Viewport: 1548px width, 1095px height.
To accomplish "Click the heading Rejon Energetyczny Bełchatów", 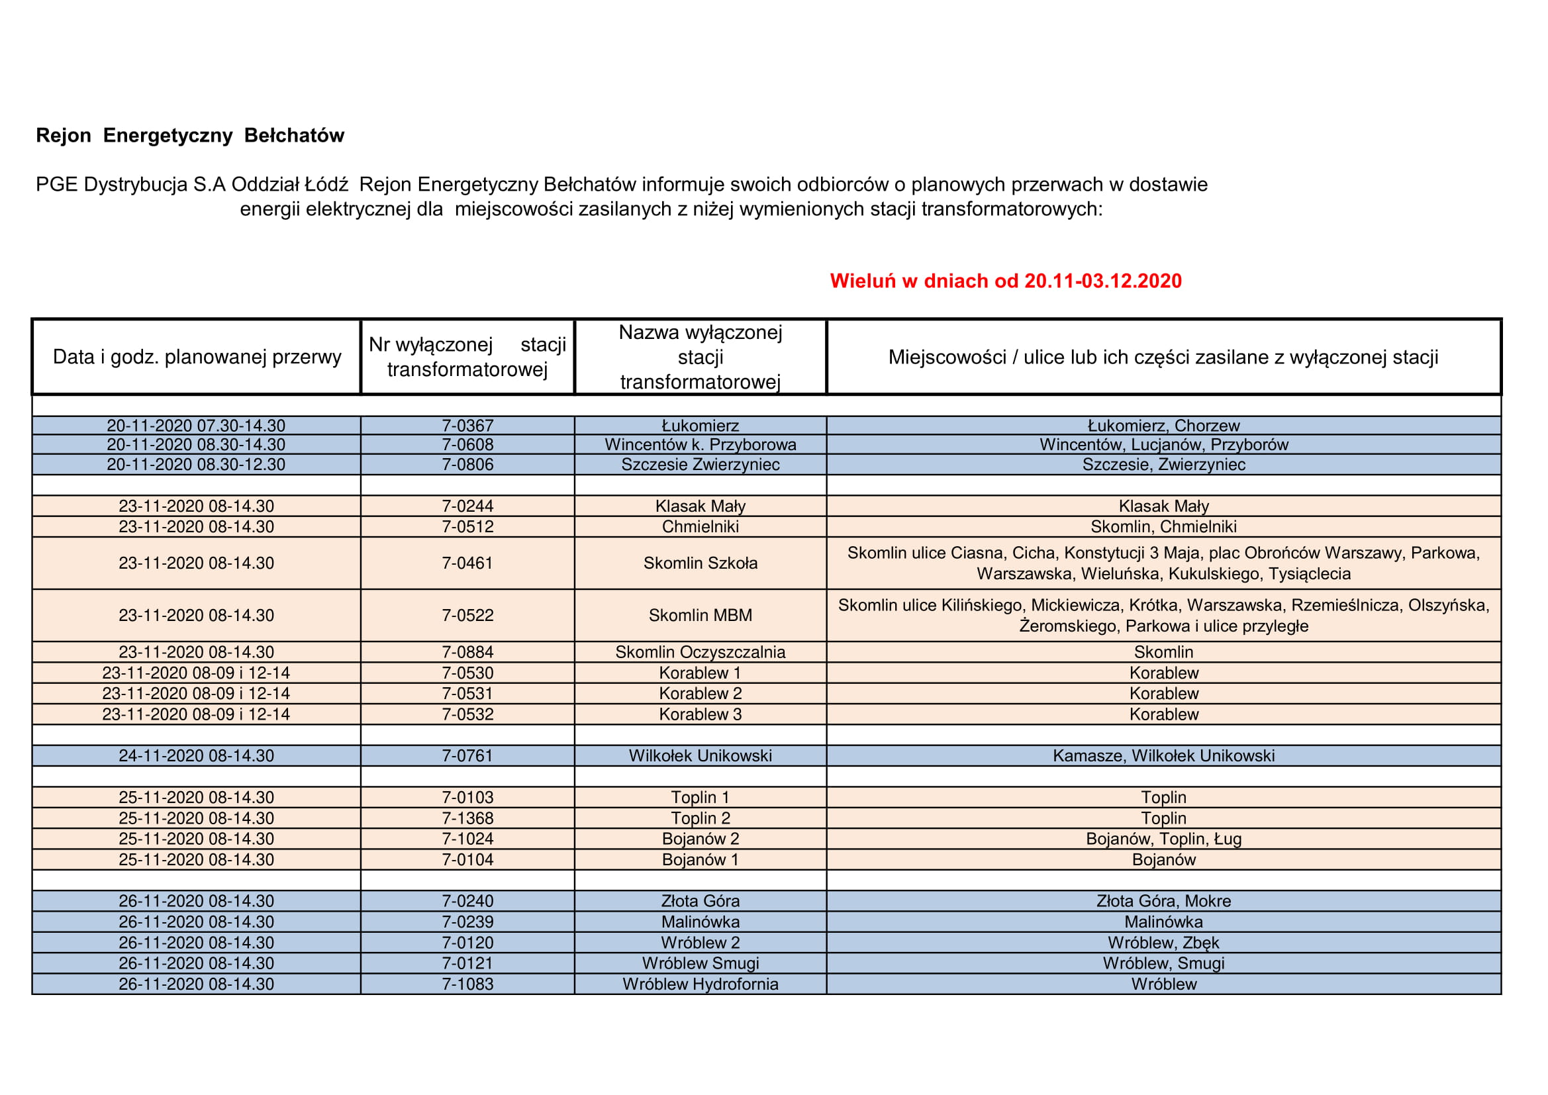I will click(189, 136).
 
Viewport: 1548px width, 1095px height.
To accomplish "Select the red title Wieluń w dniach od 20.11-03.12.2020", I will click(1005, 281).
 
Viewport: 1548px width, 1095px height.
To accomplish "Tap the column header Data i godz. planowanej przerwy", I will click(197, 357).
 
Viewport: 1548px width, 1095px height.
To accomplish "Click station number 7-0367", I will click(467, 426).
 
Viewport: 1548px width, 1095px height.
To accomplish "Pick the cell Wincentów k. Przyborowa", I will click(700, 444).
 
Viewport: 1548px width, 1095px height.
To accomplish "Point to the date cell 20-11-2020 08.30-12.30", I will click(196, 465).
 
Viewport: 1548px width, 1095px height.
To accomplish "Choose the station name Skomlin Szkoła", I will click(700, 563).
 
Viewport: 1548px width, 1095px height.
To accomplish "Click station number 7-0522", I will click(467, 615).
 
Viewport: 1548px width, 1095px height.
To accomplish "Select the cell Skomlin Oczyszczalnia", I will click(700, 652).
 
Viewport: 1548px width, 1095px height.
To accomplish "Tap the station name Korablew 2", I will click(700, 693).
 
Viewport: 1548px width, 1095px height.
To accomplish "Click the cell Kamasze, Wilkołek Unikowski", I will click(1163, 756).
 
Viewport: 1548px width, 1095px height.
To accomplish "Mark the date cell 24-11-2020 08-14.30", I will click(196, 756).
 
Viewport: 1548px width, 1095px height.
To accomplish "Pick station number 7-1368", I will click(467, 818).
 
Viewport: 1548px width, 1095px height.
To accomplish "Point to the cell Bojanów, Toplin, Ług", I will click(1163, 839).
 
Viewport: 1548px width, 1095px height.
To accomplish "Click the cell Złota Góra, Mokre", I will click(1163, 901).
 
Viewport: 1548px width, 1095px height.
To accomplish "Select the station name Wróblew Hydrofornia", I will click(700, 984).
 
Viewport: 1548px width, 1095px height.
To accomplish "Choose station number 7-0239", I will click(467, 922).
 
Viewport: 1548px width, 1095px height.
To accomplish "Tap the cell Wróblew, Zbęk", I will click(1163, 943).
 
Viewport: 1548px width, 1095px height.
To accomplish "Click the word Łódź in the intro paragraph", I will click(326, 185).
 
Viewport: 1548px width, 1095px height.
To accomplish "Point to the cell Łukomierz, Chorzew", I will click(1163, 426).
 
